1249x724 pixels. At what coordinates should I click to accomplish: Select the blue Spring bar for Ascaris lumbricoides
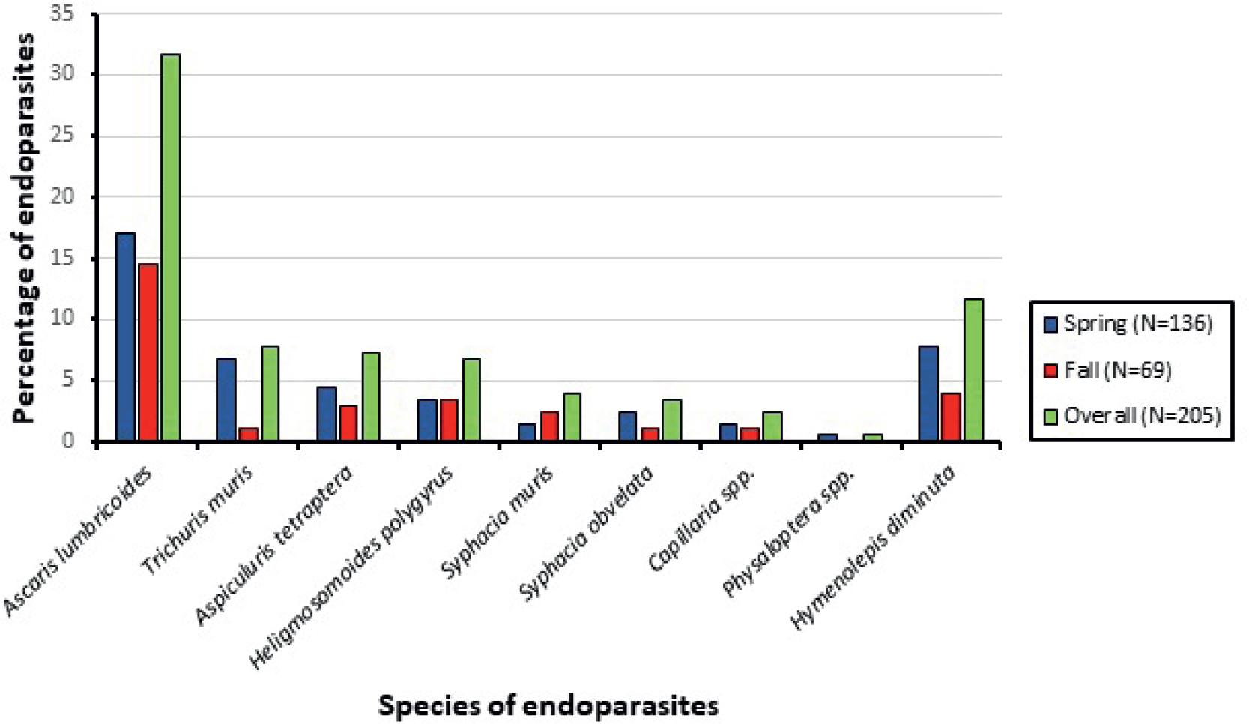[x=126, y=337]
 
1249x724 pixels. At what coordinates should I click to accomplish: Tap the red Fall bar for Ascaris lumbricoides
[x=148, y=352]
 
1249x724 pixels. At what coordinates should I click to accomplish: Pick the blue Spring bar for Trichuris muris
[x=226, y=399]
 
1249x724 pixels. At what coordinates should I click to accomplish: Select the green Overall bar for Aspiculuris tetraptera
[x=371, y=396]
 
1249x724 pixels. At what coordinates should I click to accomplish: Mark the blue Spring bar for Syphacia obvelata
[x=628, y=426]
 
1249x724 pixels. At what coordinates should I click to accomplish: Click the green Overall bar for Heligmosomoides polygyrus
[x=471, y=399]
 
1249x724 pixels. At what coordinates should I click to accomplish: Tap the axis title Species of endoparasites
[x=548, y=705]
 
